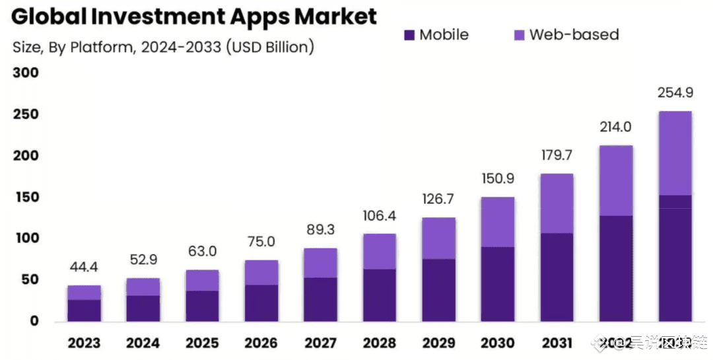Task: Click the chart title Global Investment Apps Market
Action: [194, 17]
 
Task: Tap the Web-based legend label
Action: [574, 34]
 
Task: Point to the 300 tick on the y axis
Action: [26, 73]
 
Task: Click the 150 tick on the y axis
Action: [26, 197]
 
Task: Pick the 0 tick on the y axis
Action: [34, 321]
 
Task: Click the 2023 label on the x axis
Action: [84, 343]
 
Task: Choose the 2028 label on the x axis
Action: [380, 343]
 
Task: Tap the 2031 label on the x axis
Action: [557, 343]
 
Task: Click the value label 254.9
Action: [675, 92]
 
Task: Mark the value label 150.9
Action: [498, 179]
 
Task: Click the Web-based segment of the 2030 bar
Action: [498, 222]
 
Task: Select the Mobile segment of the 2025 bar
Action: [202, 306]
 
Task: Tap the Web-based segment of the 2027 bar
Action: [320, 263]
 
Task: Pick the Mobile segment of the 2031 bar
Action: [557, 277]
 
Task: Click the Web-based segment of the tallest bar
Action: [675, 153]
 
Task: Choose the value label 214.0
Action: [616, 127]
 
